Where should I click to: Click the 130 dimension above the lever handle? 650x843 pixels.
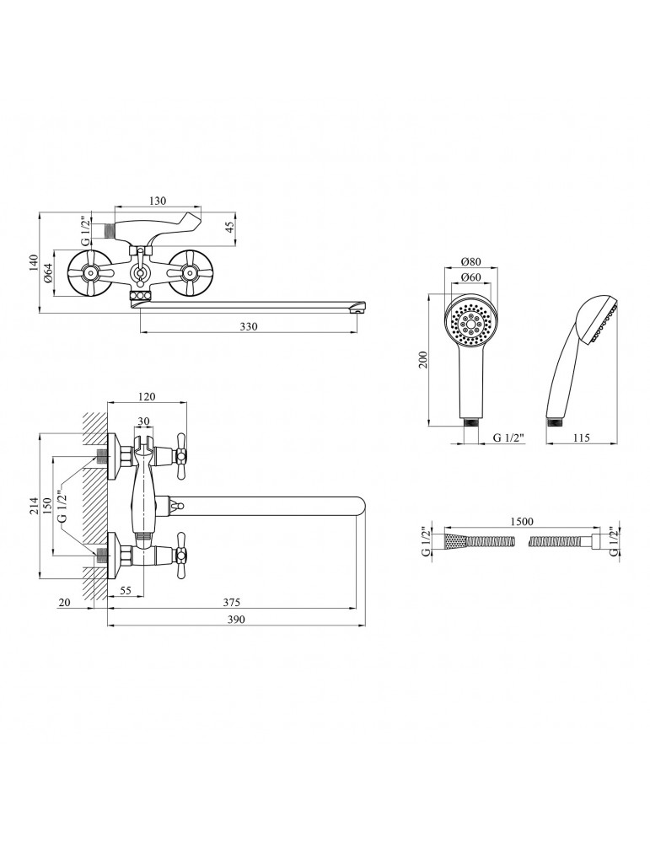[x=157, y=201]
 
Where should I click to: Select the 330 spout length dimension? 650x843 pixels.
[x=248, y=325]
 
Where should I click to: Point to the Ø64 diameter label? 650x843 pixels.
[x=49, y=273]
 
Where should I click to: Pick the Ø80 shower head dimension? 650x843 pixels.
[x=471, y=261]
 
